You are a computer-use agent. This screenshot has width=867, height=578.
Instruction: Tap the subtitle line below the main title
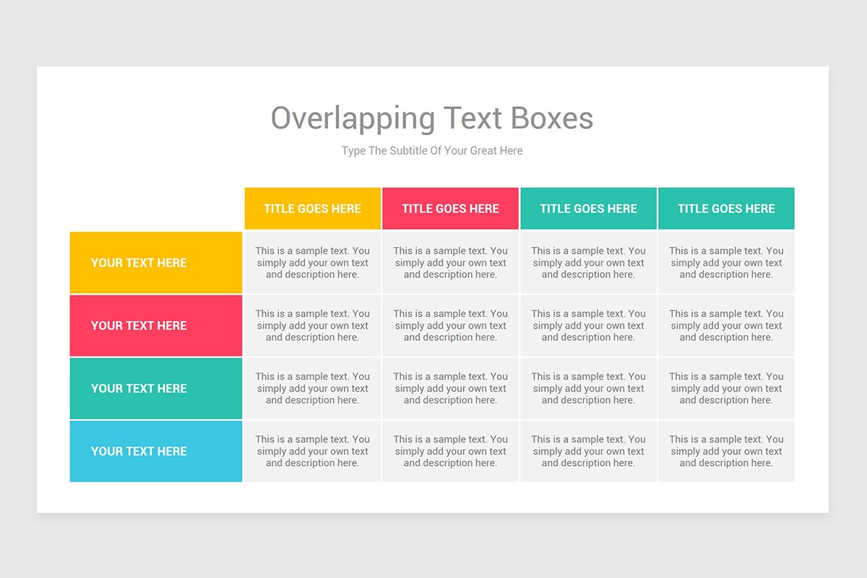click(432, 151)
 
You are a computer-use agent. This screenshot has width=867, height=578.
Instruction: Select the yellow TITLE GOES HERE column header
click(312, 209)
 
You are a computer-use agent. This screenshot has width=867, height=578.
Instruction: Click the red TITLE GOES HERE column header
click(450, 209)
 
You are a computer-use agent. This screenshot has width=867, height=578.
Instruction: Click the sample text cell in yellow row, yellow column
click(312, 263)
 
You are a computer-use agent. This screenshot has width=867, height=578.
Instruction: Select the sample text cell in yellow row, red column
click(450, 263)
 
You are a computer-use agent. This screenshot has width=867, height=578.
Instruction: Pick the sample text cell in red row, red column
click(450, 326)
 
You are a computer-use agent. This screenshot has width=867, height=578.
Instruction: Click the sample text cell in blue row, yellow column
click(312, 452)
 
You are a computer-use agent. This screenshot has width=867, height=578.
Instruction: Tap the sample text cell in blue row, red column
click(450, 452)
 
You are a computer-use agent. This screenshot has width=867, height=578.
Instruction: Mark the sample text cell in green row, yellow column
click(312, 389)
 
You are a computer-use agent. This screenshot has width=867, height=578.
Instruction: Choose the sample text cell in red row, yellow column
click(312, 326)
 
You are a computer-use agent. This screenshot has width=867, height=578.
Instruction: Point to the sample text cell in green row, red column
click(450, 389)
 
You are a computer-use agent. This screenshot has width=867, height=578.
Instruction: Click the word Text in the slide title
click(473, 118)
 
